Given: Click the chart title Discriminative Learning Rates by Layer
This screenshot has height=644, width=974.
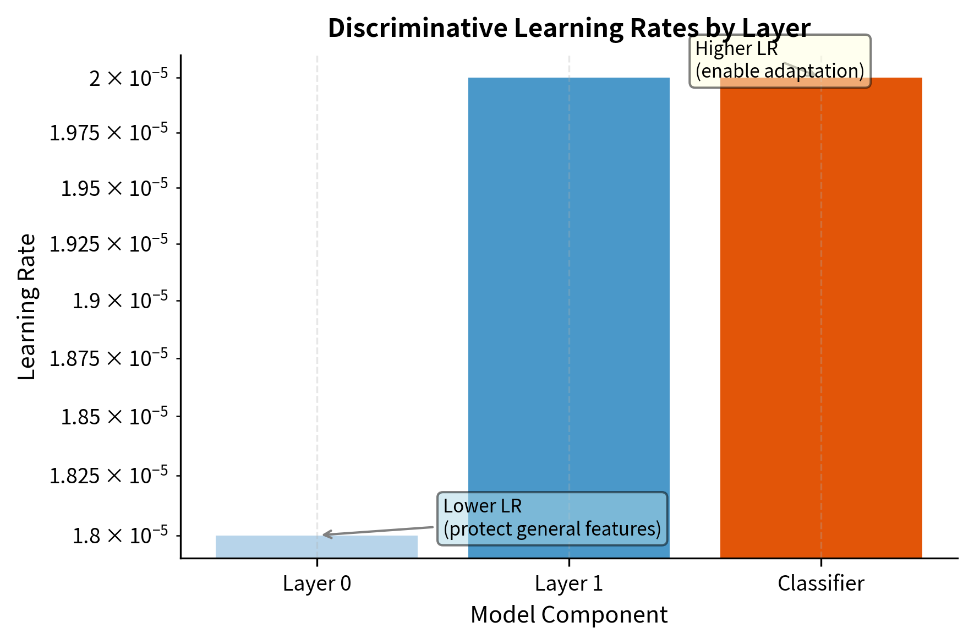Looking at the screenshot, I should tap(568, 28).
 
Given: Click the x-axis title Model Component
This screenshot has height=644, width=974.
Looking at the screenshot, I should tap(568, 615).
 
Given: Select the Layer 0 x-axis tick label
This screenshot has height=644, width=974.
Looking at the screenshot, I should tap(316, 583).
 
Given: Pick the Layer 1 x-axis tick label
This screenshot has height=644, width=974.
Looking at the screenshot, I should tap(568, 583).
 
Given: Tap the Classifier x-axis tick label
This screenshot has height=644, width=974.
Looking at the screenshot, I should tap(820, 583).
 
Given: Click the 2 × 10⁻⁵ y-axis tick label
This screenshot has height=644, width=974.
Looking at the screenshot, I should tap(128, 78).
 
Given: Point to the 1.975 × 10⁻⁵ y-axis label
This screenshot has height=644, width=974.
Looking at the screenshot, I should tap(108, 133).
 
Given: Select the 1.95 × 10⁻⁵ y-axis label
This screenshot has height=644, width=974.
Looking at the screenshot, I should tap(114, 188).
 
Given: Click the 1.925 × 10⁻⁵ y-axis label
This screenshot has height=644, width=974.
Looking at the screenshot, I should tap(108, 244).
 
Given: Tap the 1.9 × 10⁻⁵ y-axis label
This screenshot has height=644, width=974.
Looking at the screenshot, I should tap(120, 301).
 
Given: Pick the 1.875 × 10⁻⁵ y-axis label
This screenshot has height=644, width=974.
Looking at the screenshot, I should tap(108, 358).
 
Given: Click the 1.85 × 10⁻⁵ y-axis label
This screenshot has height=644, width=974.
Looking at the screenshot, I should tap(114, 417).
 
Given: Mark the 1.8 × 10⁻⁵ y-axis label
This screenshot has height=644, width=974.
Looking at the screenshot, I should tap(120, 535).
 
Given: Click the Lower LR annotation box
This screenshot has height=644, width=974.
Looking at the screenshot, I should tap(552, 519).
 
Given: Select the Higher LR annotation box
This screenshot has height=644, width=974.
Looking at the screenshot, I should tap(780, 61).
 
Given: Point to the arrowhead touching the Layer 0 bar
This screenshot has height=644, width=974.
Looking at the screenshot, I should tap(326, 534).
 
